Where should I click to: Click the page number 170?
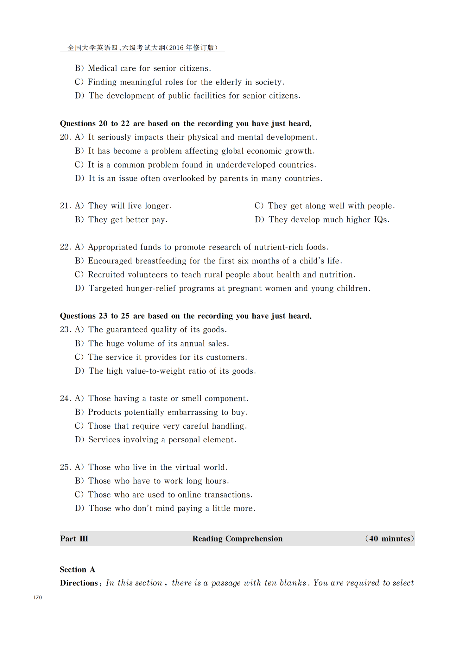pyautogui.click(x=38, y=597)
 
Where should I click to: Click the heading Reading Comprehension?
pyautogui.click(x=237, y=539)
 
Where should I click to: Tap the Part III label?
pyautogui.click(x=74, y=539)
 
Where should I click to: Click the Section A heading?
pyautogui.click(x=78, y=570)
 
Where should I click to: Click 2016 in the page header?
pyautogui.click(x=176, y=48)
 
